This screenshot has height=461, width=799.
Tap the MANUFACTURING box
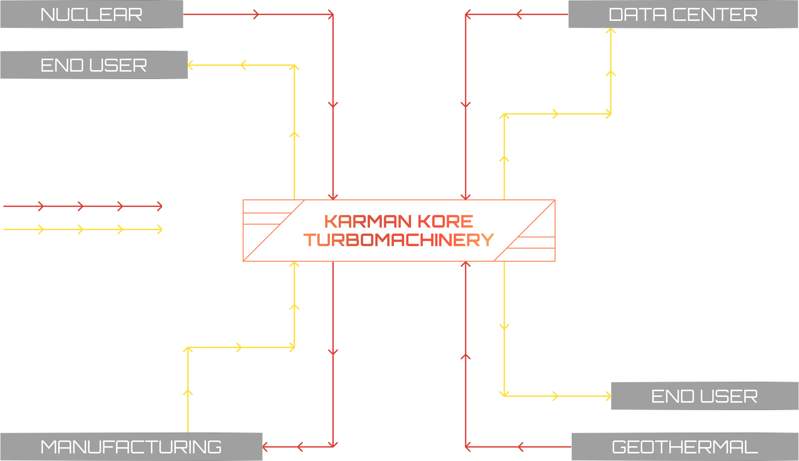131,447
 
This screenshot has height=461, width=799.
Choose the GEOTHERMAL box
685,447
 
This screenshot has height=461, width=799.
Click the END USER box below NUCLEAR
94,65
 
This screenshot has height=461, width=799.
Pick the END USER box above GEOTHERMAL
704,396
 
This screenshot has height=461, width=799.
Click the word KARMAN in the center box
368,221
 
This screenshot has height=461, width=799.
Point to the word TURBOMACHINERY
398,240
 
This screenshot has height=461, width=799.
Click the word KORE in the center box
445,221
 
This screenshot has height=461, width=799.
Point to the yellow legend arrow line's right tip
161,229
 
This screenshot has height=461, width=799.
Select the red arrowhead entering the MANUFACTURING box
265,447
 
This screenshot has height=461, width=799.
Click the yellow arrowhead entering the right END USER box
609,396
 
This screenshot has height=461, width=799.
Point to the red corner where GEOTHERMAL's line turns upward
465,447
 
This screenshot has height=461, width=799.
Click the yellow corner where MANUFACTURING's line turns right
188,348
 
